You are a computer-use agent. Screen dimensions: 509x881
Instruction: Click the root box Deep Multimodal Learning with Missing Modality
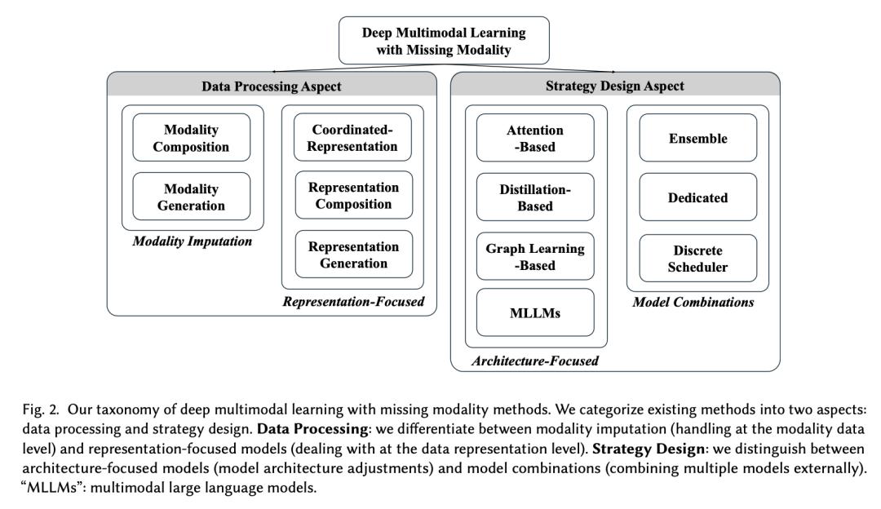coord(444,40)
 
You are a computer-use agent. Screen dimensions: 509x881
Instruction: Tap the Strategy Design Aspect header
coord(614,86)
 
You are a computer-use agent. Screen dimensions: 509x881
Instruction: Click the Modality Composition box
coord(191,139)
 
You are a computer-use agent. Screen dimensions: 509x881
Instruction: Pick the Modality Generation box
coord(191,197)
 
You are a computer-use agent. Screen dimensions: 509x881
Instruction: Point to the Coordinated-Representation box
coord(354,138)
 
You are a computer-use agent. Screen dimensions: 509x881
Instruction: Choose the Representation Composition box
coord(354,196)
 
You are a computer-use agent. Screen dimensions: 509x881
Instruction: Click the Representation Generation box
coord(354,254)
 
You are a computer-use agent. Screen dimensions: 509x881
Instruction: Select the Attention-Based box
coord(535,138)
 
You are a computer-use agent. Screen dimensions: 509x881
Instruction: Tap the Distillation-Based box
coord(535,197)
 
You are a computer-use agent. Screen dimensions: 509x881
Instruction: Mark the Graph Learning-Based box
coord(535,257)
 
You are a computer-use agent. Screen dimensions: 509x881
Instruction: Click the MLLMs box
coord(535,312)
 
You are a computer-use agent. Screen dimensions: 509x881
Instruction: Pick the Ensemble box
coord(697,138)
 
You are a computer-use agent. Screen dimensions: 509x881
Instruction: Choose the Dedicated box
coord(697,197)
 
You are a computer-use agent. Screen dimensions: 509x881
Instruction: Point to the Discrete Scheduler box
coord(697,258)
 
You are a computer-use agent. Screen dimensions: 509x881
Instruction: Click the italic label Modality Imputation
coord(191,243)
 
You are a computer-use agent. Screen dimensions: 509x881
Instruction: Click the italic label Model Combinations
coord(693,303)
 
